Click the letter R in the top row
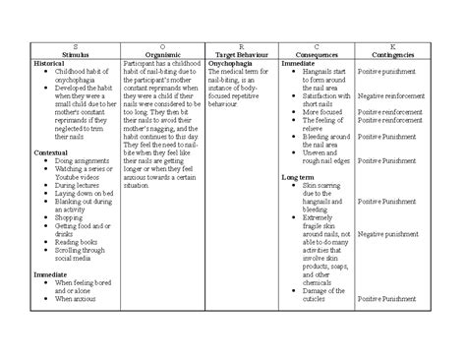click(242, 45)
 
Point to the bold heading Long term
click(298, 177)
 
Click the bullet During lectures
click(78, 184)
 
